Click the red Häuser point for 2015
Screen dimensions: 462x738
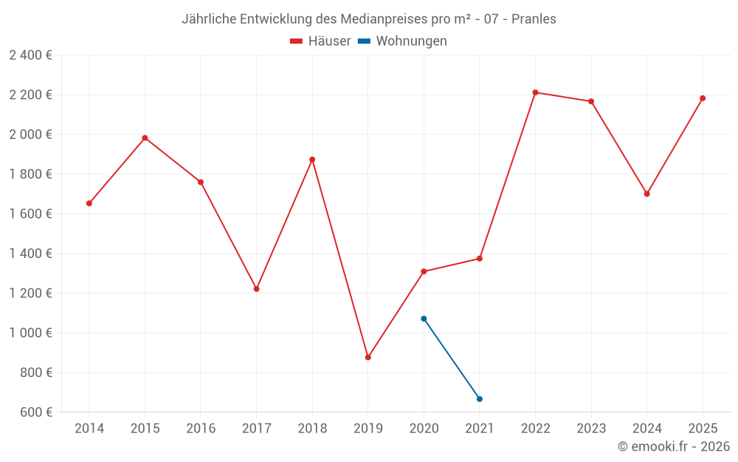[x=145, y=137]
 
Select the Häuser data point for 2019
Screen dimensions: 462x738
[x=368, y=357]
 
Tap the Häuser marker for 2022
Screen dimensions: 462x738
[x=535, y=92]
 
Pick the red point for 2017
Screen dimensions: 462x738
[x=256, y=288]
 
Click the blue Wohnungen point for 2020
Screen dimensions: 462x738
[x=424, y=319]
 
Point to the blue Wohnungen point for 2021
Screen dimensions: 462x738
[x=480, y=399]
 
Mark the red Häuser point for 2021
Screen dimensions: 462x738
[x=480, y=259]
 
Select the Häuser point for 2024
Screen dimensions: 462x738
[x=646, y=194]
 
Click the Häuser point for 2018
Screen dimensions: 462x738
[x=312, y=160]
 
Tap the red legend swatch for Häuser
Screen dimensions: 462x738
[x=297, y=41]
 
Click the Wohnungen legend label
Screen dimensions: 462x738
[x=411, y=41]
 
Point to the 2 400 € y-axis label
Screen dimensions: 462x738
[x=30, y=55]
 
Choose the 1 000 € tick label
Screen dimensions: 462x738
[x=30, y=333]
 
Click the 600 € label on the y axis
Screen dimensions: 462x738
[x=35, y=412]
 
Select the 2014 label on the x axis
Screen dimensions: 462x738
[x=89, y=428]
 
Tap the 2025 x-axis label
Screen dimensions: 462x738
[x=703, y=428]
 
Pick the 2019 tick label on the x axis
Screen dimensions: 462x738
[x=368, y=428]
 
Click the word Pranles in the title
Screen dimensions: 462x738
[x=534, y=19]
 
